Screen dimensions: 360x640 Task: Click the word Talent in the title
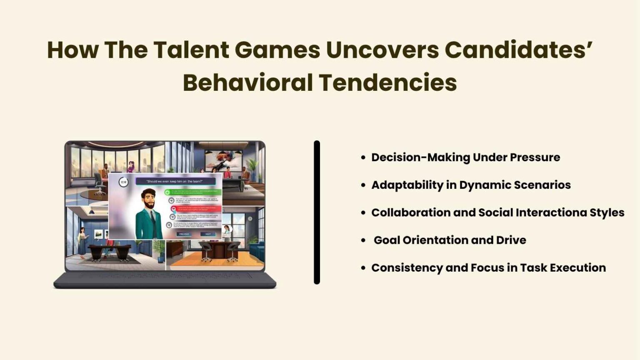click(191, 50)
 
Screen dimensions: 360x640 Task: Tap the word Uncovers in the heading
click(382, 50)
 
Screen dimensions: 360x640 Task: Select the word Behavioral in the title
click(247, 82)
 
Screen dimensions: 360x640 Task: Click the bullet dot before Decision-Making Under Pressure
click(363, 157)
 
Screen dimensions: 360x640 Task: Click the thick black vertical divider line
click(317, 212)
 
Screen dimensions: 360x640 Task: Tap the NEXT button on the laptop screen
click(208, 234)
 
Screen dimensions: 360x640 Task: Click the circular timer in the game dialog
click(123, 182)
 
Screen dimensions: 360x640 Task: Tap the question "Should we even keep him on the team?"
click(175, 181)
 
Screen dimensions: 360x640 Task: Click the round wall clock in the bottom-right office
click(250, 219)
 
